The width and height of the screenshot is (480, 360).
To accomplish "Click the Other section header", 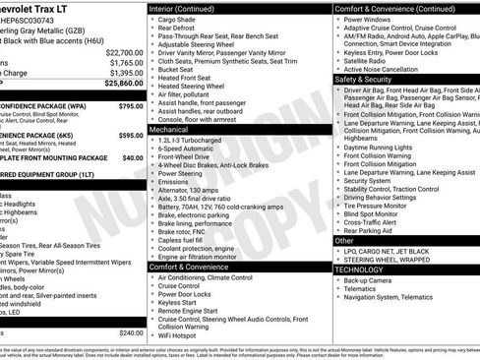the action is [x=344, y=240].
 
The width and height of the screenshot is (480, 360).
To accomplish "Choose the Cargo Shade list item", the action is [x=178, y=20].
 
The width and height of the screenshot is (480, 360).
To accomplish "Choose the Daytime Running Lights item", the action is [x=383, y=147].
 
